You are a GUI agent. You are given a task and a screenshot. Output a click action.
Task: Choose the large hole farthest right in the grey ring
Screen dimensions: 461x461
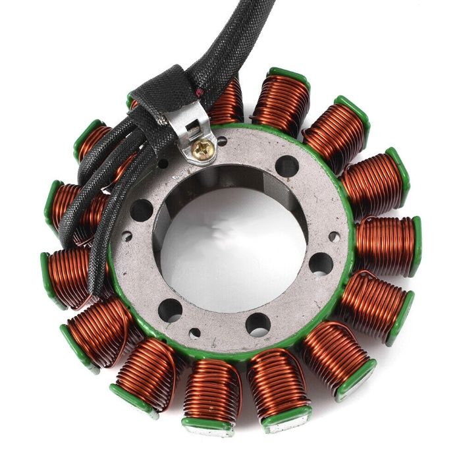point(320,264)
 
